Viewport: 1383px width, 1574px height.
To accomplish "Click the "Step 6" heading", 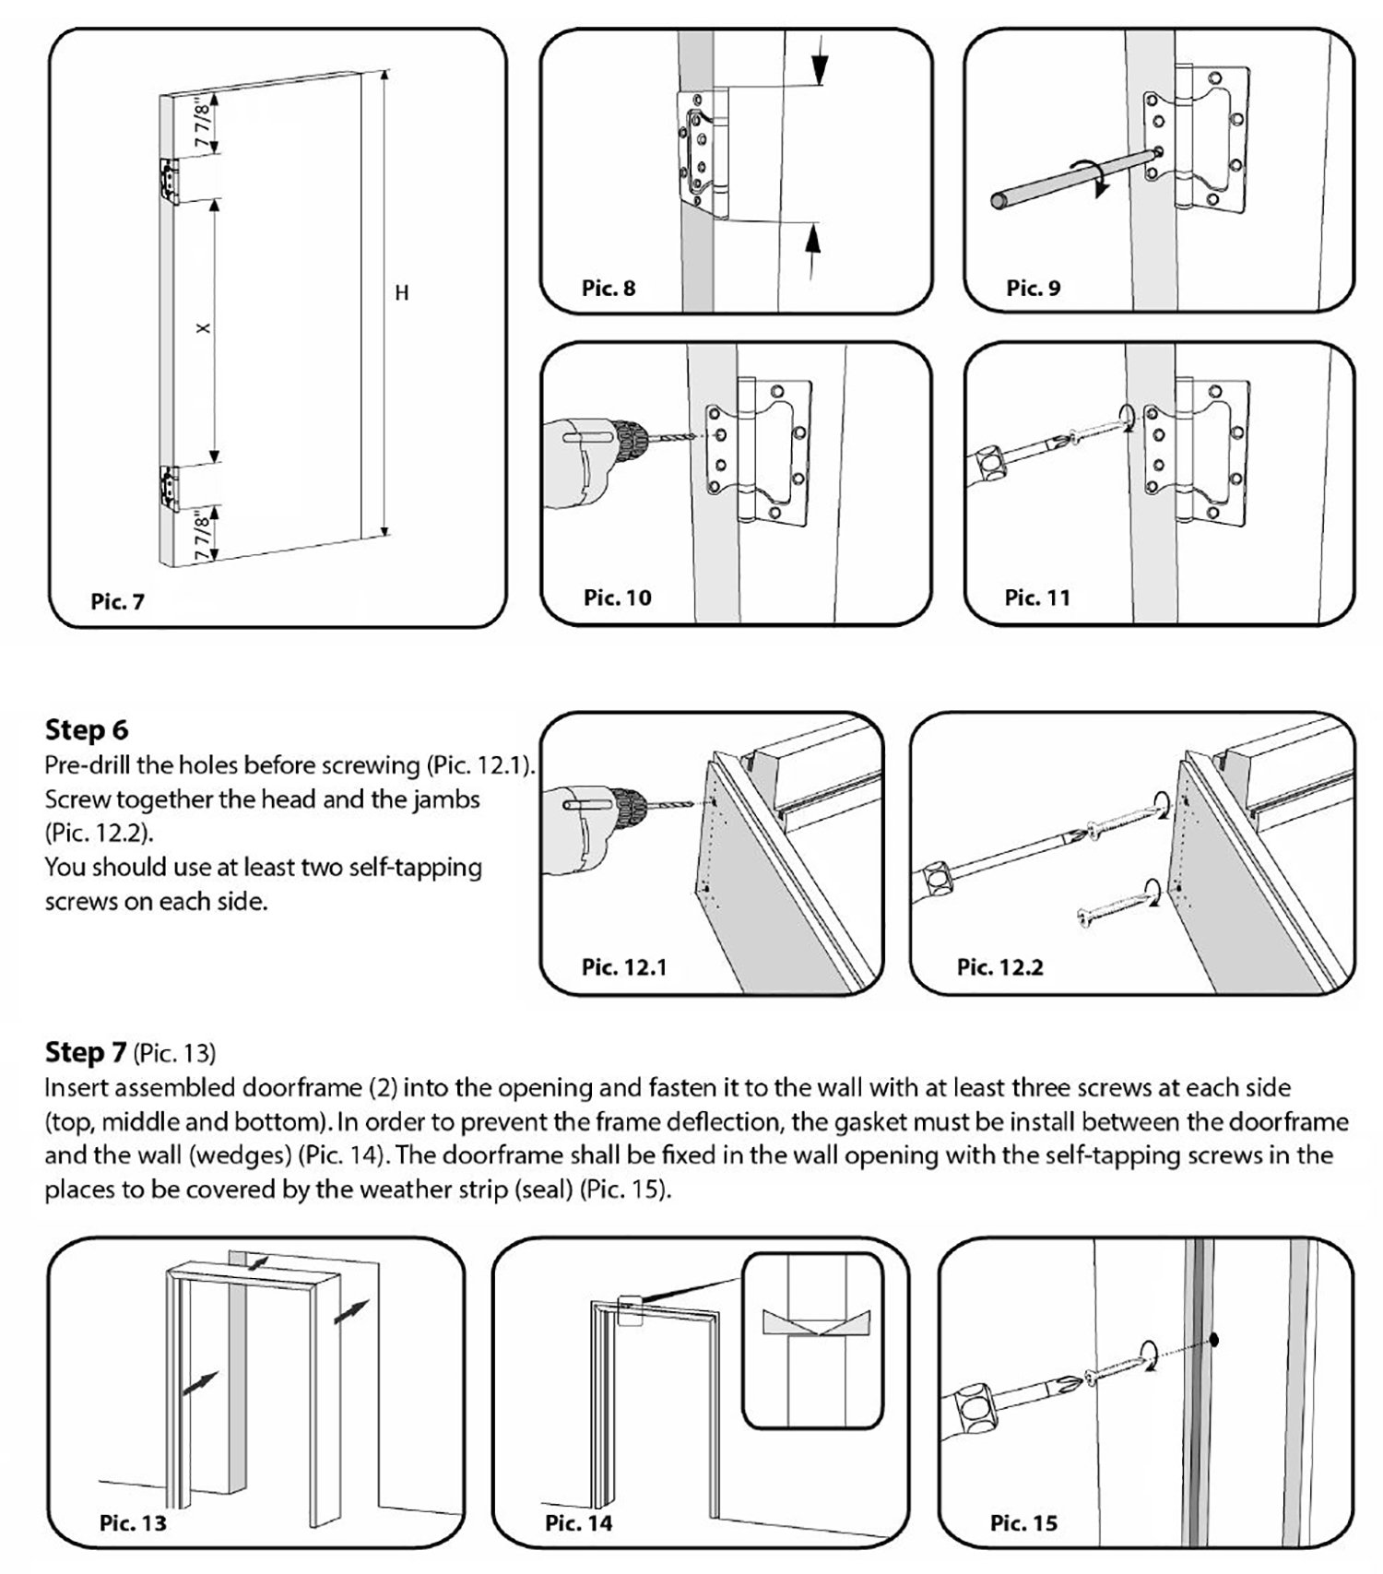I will point(87,730).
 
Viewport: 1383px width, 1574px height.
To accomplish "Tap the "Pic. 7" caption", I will point(117,602).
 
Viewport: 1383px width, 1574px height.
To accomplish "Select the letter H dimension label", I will point(401,293).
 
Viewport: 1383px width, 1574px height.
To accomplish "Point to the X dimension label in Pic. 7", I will point(204,328).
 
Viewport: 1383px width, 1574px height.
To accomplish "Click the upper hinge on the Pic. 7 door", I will point(169,179).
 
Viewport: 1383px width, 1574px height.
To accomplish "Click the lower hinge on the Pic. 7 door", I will point(169,486).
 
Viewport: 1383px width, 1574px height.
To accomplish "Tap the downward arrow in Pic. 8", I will point(819,66).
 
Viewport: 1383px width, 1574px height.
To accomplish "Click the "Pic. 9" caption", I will point(1033,289).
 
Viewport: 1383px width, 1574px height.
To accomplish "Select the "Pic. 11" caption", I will point(1037,598).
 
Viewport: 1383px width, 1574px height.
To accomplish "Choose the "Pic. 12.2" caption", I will point(999,966).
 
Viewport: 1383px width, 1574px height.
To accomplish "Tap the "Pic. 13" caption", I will point(133,1522).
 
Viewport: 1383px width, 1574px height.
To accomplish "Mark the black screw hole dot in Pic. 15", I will point(1214,1340).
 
